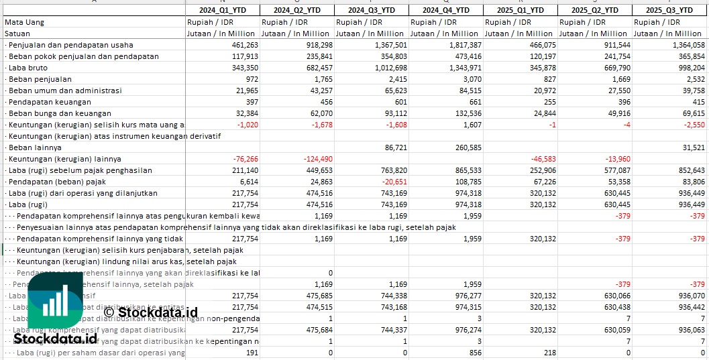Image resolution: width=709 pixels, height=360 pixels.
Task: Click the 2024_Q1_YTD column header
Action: pyautogui.click(x=222, y=10)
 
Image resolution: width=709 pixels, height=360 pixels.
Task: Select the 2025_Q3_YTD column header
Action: pyautogui.click(x=669, y=10)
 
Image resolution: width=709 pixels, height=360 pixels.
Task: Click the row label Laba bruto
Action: pyautogui.click(x=28, y=68)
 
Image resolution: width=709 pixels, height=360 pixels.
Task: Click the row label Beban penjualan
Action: pyautogui.click(x=40, y=79)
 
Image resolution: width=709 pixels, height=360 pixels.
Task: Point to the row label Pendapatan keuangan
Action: pyautogui.click(x=50, y=102)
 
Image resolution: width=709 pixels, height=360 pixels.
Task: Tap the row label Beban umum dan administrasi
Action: pyautogui.click(x=65, y=91)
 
